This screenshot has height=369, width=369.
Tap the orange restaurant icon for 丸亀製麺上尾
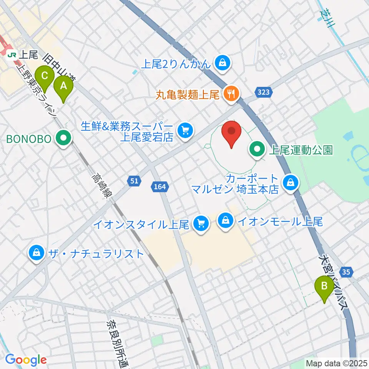pos(231,93)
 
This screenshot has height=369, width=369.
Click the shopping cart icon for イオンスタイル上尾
pos(201,223)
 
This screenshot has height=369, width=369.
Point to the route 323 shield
pos(260,92)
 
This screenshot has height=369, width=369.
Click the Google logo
pos(26,360)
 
